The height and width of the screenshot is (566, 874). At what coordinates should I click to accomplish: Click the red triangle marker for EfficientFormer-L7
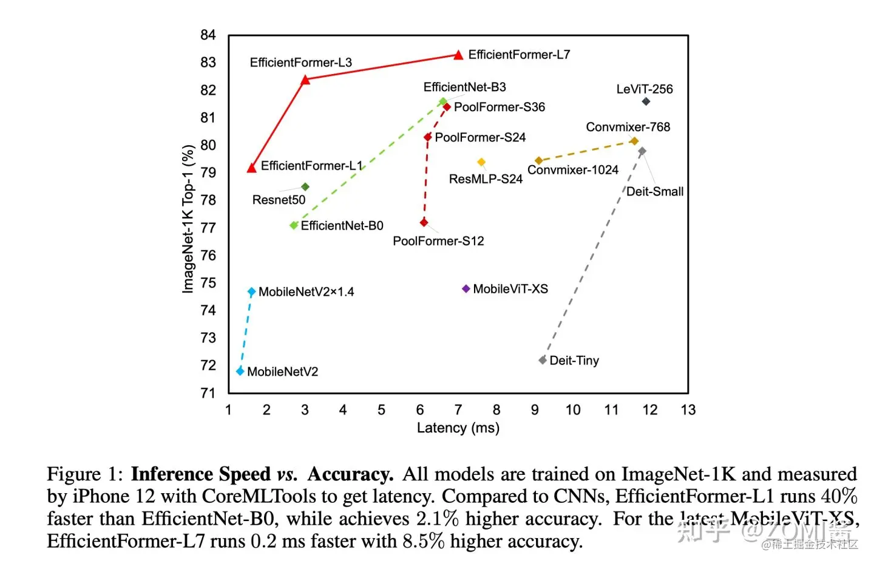point(459,55)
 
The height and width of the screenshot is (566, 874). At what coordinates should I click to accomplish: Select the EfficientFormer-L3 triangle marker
point(305,80)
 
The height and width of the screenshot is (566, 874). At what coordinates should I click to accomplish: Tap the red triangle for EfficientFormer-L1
point(252,168)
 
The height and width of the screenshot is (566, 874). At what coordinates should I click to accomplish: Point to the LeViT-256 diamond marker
point(646,101)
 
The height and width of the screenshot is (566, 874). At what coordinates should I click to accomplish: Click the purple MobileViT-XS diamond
point(466,288)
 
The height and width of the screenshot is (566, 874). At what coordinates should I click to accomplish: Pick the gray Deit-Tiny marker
point(543,360)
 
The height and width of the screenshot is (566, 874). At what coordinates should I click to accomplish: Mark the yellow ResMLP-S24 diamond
point(481,162)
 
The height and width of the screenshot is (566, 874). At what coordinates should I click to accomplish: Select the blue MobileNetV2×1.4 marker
point(252,292)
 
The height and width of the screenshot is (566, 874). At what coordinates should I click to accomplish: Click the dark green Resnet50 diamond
point(305,187)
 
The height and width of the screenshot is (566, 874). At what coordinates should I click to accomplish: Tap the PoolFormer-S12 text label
point(438,241)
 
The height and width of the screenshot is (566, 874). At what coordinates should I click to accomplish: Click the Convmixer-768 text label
point(628,127)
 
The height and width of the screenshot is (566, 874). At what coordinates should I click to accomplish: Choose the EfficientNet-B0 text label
point(342,226)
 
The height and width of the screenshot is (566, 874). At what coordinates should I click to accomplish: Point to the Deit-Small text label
point(654,192)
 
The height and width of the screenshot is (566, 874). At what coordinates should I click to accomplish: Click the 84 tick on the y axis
point(208,35)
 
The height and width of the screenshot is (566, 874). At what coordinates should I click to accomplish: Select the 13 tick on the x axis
point(688,410)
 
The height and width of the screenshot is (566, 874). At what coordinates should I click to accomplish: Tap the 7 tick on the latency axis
point(458,410)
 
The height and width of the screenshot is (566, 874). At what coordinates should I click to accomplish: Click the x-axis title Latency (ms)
point(458,428)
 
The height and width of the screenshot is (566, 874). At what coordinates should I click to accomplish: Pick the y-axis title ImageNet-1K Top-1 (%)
point(188,219)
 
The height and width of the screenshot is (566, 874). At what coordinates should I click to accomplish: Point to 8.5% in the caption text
point(424,541)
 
